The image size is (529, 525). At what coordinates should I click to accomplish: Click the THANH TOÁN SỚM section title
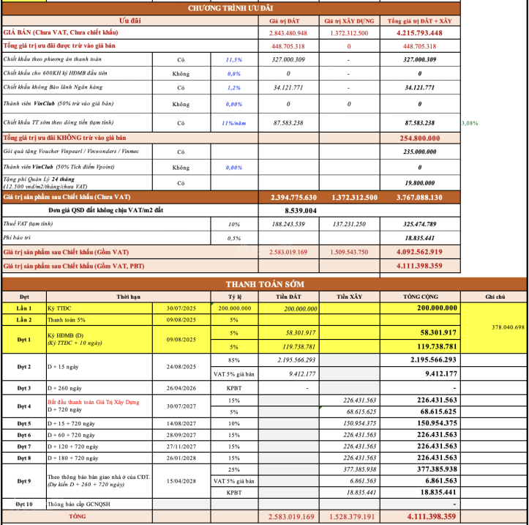pyautogui.click(x=264, y=284)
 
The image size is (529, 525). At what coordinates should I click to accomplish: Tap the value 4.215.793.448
pyautogui.click(x=419, y=33)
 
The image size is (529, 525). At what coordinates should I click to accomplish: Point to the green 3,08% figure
pyautogui.click(x=470, y=122)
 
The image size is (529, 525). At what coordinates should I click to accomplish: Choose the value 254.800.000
pyautogui.click(x=419, y=138)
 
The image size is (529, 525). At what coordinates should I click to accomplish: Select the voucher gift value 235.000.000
pyautogui.click(x=419, y=152)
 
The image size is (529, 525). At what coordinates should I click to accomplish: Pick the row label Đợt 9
pyautogui.click(x=24, y=480)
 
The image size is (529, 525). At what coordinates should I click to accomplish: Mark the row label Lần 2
pyautogui.click(x=24, y=320)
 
